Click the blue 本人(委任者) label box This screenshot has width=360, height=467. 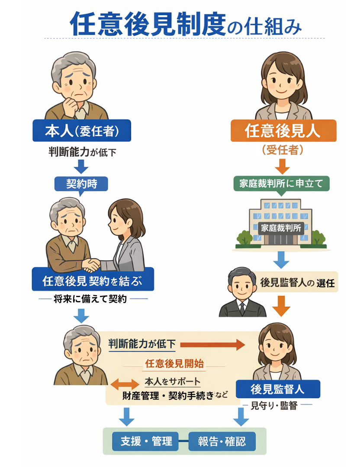click(81, 130)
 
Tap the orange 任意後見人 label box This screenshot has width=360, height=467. click(283, 131)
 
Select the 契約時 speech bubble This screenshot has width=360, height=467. click(81, 184)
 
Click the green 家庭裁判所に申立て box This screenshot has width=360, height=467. click(281, 183)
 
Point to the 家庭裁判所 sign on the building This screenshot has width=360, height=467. click(281, 228)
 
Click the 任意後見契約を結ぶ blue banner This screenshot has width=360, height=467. click(93, 281)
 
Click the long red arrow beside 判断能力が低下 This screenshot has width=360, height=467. click(212, 344)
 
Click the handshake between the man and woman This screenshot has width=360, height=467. click(91, 264)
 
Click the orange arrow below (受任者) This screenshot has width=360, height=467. click(282, 166)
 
